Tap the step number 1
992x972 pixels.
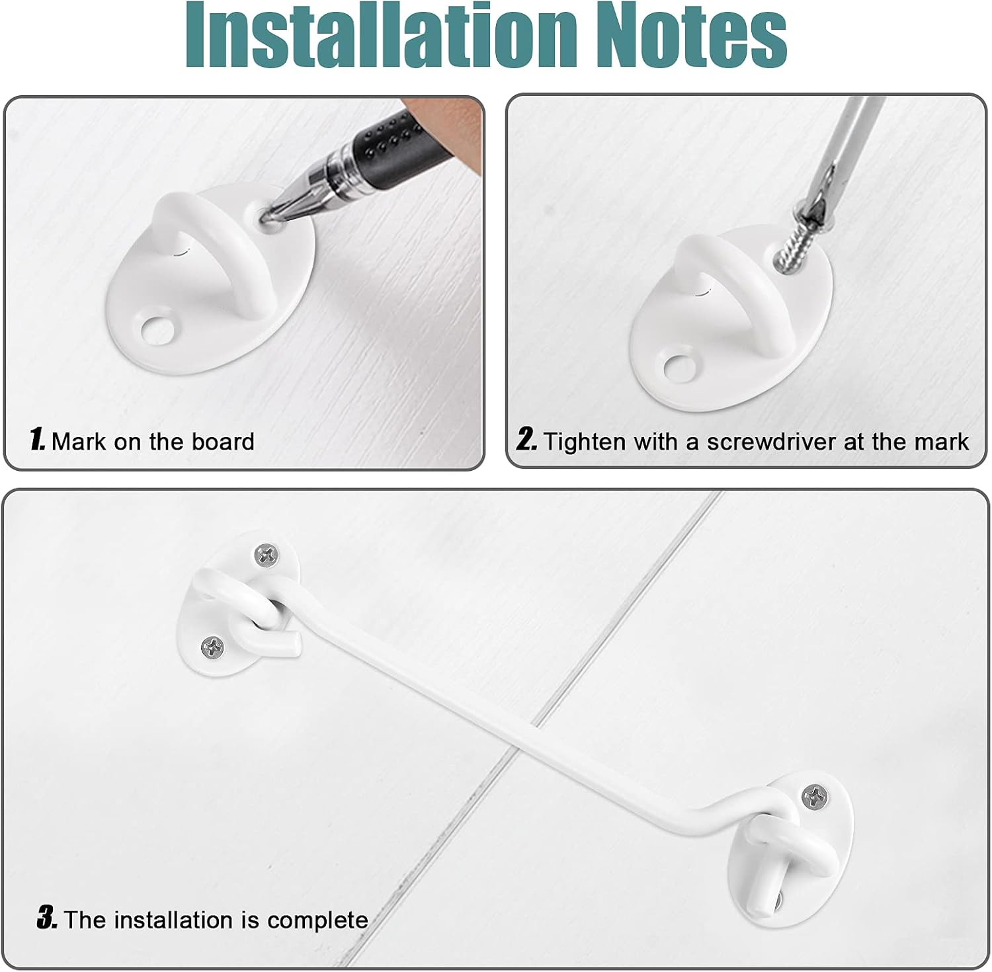pyautogui.click(x=37, y=440)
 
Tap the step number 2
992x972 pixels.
pyautogui.click(x=526, y=440)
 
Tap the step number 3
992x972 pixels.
pyautogui.click(x=47, y=918)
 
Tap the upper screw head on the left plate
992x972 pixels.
pyautogui.click(x=267, y=555)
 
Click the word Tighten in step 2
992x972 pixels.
pyautogui.click(x=585, y=441)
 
